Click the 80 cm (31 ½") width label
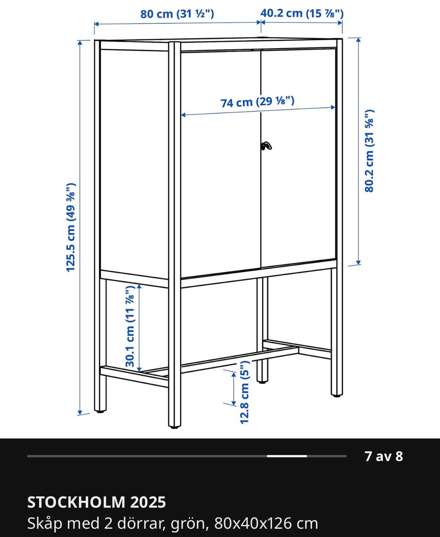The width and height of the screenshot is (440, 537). [x=177, y=14]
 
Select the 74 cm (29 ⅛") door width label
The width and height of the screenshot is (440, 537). [x=257, y=102]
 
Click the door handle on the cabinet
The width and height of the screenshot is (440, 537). [x=266, y=146]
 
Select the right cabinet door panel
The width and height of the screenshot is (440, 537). [x=298, y=157]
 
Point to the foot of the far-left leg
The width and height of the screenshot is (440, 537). [x=100, y=411]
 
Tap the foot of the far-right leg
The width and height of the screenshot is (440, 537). [x=337, y=395]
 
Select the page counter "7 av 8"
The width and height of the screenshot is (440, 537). [x=384, y=456]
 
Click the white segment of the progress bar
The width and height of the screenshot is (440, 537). [x=287, y=456]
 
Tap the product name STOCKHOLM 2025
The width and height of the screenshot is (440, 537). [x=97, y=503]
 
